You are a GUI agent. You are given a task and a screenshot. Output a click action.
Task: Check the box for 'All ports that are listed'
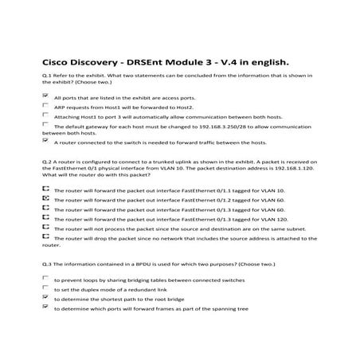(45, 95)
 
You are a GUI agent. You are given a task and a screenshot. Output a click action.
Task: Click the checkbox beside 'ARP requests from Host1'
(45, 105)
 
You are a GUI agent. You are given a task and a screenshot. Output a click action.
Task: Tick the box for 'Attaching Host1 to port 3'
(45, 115)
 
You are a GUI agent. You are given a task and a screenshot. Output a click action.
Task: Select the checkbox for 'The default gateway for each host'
(45, 125)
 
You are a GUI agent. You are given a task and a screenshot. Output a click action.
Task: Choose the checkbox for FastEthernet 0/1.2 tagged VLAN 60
(45, 199)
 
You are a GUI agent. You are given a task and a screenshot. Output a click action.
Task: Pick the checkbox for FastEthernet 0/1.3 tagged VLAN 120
(45, 217)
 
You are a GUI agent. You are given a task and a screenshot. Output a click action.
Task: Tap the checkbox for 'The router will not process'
(45, 227)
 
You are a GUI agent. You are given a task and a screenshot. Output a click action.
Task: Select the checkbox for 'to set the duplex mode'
(45, 289)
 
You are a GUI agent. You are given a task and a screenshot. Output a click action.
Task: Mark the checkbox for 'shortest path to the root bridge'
(45, 298)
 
